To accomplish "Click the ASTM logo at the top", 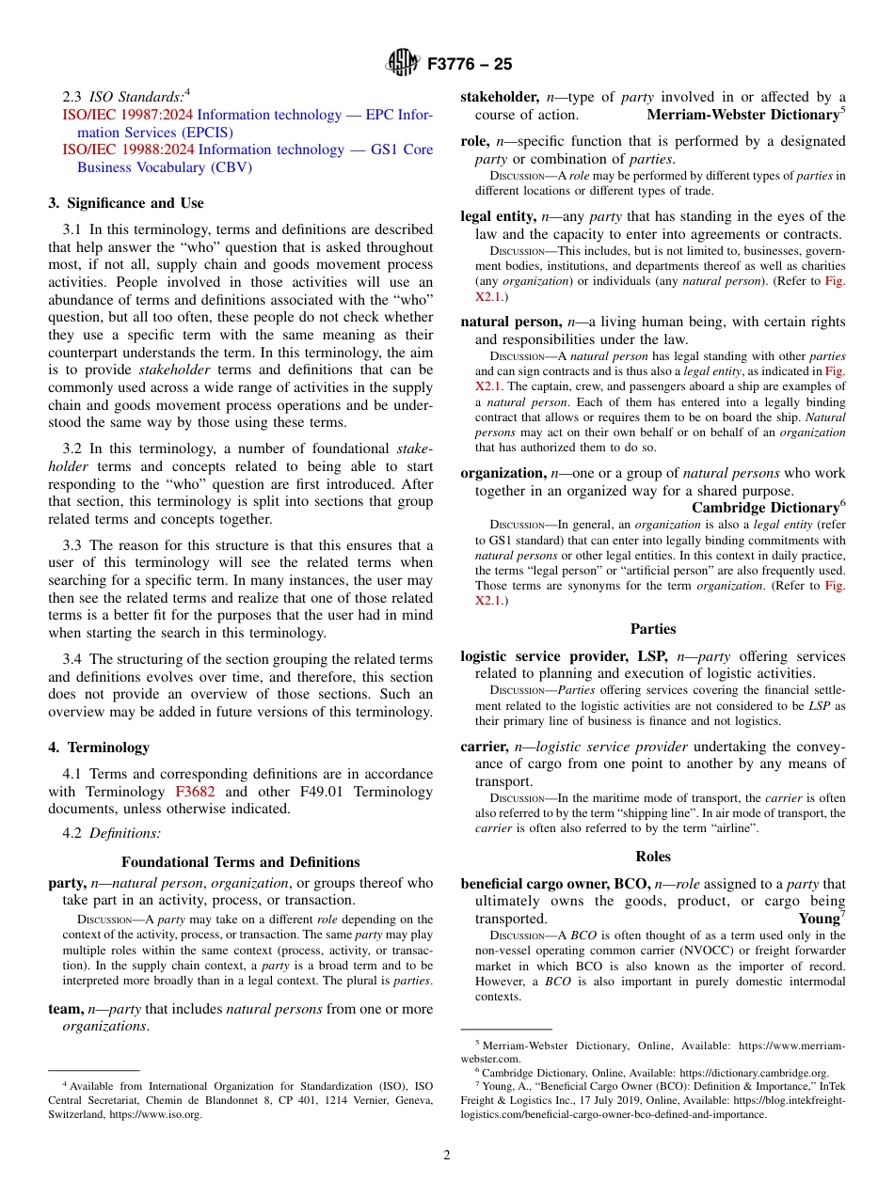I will (403, 65).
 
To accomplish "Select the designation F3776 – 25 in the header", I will (470, 65).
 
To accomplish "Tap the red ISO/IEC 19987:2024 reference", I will (128, 115).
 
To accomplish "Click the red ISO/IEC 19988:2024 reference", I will (128, 149).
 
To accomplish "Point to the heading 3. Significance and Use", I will (126, 203).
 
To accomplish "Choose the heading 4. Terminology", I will (99, 747).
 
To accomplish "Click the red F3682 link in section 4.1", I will (195, 792).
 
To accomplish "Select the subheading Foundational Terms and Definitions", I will (240, 862).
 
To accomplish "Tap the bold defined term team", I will (65, 1009).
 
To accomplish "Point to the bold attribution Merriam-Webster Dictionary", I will (742, 115).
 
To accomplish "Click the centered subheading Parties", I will (652, 629).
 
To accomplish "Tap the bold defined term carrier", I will (483, 747).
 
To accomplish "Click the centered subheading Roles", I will (652, 857).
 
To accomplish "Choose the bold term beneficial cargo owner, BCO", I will (554, 884).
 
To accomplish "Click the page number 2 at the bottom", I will (447, 1156).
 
